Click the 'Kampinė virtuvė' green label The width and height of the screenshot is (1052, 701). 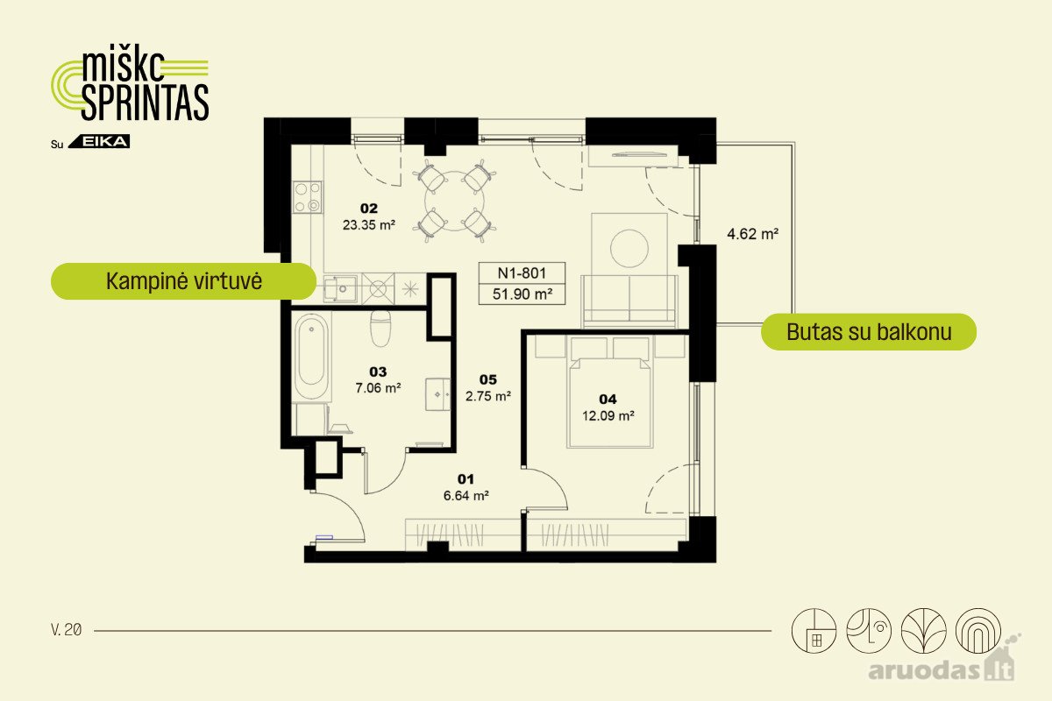tap(183, 281)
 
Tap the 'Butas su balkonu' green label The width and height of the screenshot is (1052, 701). tap(869, 332)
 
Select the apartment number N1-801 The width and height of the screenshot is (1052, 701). tap(522, 273)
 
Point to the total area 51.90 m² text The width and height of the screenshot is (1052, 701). tap(522, 294)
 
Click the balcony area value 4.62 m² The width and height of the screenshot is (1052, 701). tap(752, 234)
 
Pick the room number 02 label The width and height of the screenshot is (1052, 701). tap(369, 208)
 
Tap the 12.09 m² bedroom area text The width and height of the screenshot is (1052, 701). tap(608, 415)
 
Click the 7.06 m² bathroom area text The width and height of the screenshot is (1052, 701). tap(378, 388)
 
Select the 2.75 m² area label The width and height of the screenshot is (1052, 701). tap(488, 396)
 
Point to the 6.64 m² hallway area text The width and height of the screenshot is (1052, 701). tap(466, 495)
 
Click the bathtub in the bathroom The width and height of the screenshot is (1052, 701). tap(311, 357)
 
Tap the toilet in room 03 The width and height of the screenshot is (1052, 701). tap(380, 328)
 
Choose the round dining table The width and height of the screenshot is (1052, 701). tap(454, 201)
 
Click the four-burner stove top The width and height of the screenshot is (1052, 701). tap(308, 197)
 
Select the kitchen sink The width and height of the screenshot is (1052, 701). tap(339, 288)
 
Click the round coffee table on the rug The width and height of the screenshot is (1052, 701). tap(629, 248)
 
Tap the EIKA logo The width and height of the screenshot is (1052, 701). tap(99, 141)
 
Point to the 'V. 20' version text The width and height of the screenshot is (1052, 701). tap(67, 630)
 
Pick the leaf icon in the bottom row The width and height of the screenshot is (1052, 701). tap(923, 631)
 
